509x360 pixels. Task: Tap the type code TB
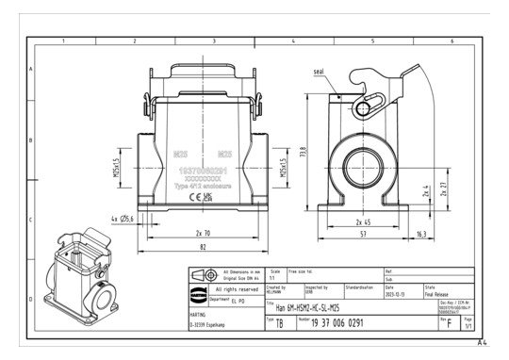[x=278, y=323]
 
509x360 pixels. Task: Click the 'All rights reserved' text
[x=229, y=288]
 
